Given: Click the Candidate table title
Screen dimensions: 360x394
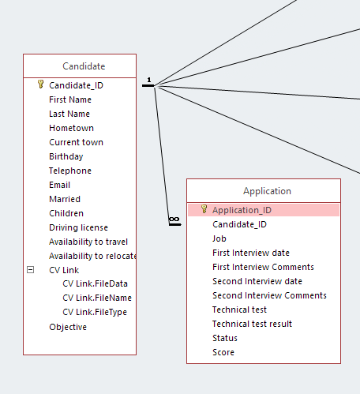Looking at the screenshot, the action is [84, 66].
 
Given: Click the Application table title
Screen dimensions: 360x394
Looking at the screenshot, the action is [267, 191].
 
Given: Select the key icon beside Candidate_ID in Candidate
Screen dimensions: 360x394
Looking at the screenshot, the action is [40, 84].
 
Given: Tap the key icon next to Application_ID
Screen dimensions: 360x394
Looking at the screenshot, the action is [204, 209].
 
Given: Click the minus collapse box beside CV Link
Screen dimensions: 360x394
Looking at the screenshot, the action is [31, 270].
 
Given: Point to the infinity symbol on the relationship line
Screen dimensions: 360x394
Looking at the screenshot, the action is [174, 220].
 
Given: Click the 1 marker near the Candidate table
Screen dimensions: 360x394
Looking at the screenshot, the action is [149, 80].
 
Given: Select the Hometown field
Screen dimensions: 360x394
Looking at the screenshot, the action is [71, 128].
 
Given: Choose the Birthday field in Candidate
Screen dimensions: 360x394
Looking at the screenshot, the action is [66, 156].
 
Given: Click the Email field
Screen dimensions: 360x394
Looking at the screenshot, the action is [60, 185].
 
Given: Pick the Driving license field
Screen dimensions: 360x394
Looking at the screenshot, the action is [78, 227].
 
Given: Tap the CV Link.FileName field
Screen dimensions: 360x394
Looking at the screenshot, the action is [97, 298].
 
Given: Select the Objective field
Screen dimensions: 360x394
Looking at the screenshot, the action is [68, 327].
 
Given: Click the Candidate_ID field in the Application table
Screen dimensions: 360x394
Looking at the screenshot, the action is [239, 224].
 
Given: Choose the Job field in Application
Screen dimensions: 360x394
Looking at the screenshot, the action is [219, 238].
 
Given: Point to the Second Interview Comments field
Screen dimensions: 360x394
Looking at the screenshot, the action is [269, 295].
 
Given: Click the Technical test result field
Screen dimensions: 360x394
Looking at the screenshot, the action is [252, 324].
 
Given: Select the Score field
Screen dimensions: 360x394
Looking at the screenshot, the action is [223, 352].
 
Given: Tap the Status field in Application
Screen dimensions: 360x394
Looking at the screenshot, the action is [225, 338].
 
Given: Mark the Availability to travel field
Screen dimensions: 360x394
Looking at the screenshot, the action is [88, 242].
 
